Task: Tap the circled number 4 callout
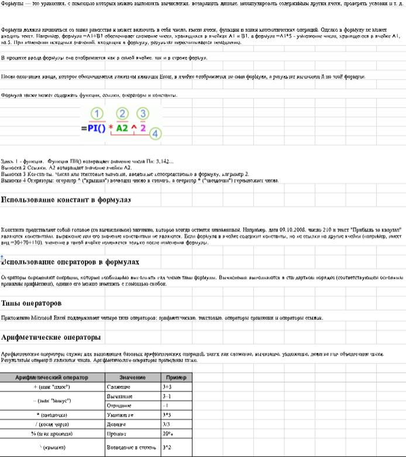click(x=154, y=134)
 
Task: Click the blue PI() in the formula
click(x=92, y=127)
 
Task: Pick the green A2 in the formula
click(x=122, y=127)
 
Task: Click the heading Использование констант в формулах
click(x=66, y=200)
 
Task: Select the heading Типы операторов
click(x=32, y=303)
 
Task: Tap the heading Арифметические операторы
click(x=51, y=337)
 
